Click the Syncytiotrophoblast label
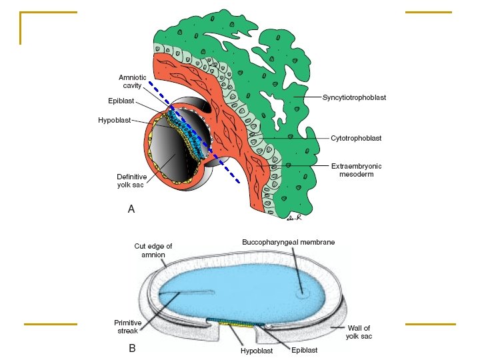tap(354, 97)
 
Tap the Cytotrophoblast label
tap(356, 138)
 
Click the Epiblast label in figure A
tap(121, 101)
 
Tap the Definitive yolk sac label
tap(131, 180)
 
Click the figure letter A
tap(131, 209)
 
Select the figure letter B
tap(132, 347)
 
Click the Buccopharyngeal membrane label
tap(288, 242)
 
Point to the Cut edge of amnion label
tap(153, 250)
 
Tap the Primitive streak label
tap(127, 326)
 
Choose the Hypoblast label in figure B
tap(257, 350)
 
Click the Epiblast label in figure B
tap(305, 350)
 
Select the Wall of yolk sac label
tap(359, 332)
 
